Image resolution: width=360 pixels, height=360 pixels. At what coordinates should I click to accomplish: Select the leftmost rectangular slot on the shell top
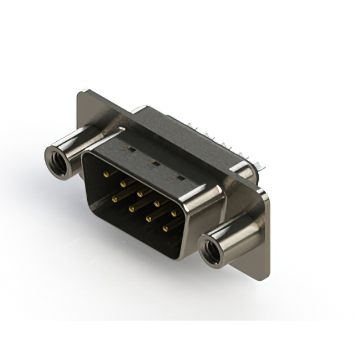[x=129, y=150]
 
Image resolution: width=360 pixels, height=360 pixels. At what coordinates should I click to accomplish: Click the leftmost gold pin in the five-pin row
[x=106, y=175]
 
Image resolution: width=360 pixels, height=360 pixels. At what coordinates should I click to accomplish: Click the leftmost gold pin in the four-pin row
[x=114, y=199]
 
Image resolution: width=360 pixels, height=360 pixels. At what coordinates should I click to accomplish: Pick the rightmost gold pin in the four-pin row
[x=166, y=229]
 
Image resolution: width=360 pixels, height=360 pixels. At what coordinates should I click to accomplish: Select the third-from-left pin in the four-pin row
[x=149, y=219]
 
